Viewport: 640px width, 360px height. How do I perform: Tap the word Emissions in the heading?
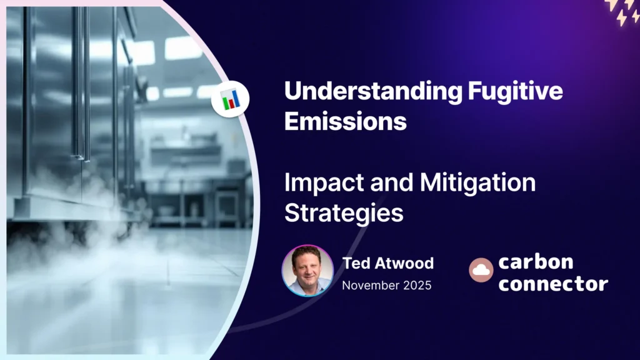(345, 121)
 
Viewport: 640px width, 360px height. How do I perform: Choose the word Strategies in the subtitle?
(343, 212)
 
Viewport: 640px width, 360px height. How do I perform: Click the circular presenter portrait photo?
(307, 270)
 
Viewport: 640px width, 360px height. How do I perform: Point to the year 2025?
(417, 285)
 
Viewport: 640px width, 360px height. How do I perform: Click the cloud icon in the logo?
(481, 270)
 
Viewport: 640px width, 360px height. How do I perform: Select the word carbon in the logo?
(536, 261)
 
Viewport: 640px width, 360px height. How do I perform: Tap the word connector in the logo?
(553, 283)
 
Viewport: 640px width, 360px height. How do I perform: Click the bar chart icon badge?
(230, 99)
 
